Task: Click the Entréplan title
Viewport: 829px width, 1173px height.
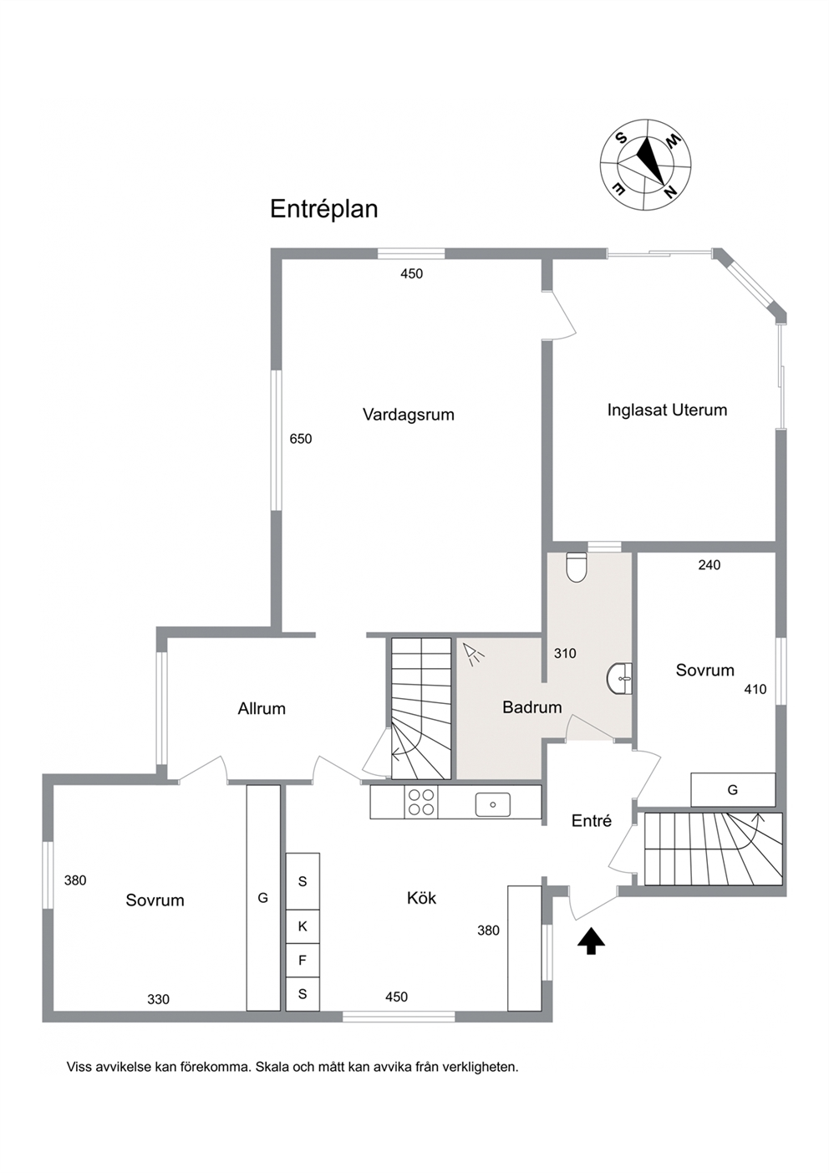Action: coord(324,210)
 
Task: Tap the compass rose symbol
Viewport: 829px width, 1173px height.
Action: coord(645,165)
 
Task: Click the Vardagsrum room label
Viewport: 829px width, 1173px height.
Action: coord(408,416)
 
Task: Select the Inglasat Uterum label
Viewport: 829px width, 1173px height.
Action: coord(667,410)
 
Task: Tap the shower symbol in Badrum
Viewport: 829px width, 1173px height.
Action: coord(474,654)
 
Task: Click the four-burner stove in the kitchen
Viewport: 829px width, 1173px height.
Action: coord(421,802)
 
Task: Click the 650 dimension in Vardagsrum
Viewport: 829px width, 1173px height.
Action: coord(301,439)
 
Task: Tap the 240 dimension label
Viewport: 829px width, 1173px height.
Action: coord(709,565)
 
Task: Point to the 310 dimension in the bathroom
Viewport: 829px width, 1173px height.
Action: coord(565,654)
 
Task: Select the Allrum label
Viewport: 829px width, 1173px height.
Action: coord(262,709)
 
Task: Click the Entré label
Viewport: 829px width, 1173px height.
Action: coord(592,820)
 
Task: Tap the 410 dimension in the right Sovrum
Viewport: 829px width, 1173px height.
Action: coord(755,690)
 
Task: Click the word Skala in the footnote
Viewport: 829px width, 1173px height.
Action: coord(272,1067)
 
